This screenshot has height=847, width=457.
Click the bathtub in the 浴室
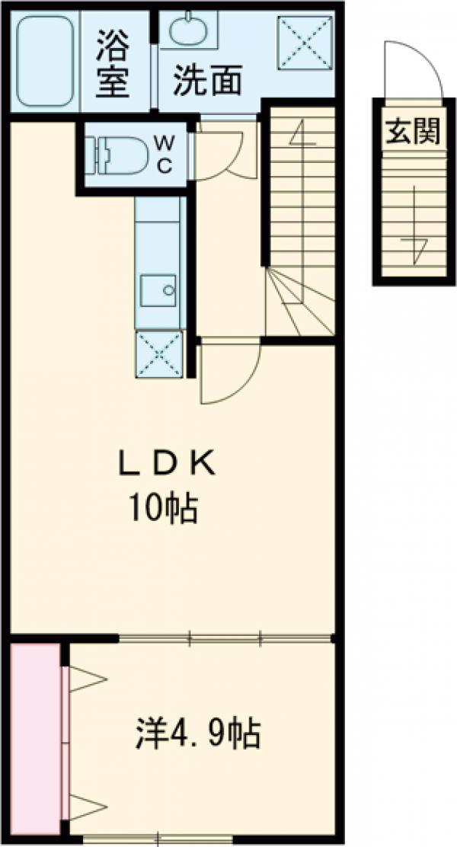click(x=45, y=60)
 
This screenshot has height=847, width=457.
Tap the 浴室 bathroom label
click(x=113, y=63)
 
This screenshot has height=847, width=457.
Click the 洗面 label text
click(x=207, y=81)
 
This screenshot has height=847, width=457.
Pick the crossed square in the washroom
click(x=305, y=43)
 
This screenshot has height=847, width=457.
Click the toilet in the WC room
click(x=116, y=155)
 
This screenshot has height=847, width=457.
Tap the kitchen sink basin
click(x=158, y=291)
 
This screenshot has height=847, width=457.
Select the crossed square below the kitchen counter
click(x=159, y=354)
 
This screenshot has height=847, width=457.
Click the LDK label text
click(x=167, y=464)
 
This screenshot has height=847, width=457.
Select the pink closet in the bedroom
click(x=35, y=739)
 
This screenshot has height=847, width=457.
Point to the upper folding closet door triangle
click(x=86, y=679)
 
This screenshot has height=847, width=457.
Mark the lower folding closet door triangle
click(x=86, y=807)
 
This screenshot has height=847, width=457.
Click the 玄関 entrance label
click(x=413, y=130)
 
